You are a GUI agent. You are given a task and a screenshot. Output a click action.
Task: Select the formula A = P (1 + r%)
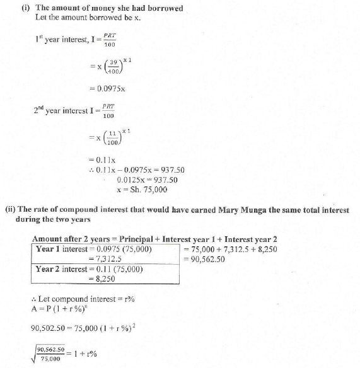pos(60,308)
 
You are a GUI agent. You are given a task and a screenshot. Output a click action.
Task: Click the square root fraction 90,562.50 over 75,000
pos(50,353)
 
